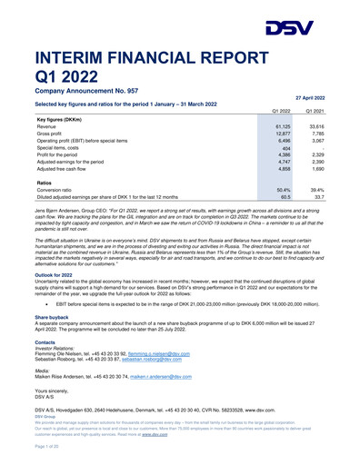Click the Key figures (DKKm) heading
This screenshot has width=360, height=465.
click(x=65, y=119)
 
